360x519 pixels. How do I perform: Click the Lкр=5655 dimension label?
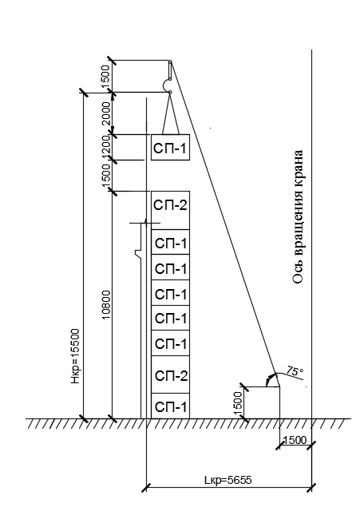[227, 480]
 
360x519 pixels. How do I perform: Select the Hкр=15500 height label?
[76, 356]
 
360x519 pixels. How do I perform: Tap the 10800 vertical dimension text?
[106, 305]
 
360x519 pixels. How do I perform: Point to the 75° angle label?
[295, 370]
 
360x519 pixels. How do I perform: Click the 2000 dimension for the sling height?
[106, 113]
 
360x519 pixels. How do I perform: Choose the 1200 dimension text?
[106, 147]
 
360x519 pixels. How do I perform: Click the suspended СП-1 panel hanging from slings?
[170, 147]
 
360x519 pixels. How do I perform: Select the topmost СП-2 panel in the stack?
[170, 210]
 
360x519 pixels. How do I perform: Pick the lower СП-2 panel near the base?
[170, 374]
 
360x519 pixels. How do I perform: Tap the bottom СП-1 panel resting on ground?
[170, 406]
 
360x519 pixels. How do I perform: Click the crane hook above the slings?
[167, 86]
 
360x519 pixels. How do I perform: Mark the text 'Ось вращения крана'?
[298, 217]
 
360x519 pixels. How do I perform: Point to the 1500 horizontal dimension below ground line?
[295, 440]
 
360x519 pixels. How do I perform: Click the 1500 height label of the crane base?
[238, 402]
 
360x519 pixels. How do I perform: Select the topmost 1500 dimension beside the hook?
[106, 77]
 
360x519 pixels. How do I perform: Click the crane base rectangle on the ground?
[262, 402]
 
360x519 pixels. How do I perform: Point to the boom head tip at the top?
[170, 61]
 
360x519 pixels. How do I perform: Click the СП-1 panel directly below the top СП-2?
[170, 242]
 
